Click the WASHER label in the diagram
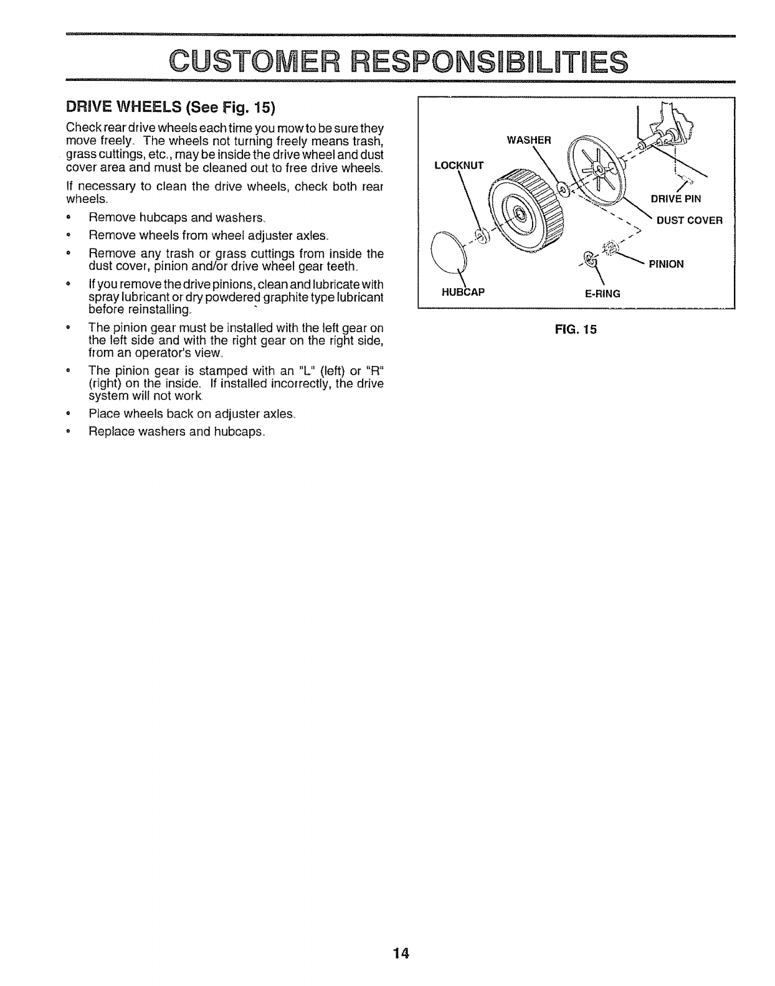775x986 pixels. tap(529, 140)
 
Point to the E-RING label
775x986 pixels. tap(602, 293)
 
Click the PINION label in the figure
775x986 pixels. tap(666, 264)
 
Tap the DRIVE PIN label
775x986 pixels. tap(676, 199)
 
